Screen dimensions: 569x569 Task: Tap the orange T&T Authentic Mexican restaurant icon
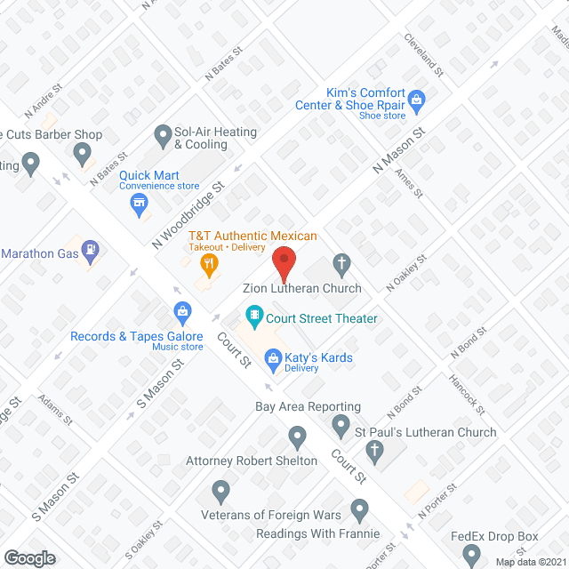pos(209,261)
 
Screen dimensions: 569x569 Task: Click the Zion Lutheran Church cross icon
pos(341,262)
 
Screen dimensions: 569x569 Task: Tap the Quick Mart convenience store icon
pos(139,206)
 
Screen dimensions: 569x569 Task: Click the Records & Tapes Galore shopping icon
pos(182,311)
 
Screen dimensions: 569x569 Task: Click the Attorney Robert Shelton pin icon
pos(298,437)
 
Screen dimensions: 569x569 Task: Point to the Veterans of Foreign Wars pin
pos(221,490)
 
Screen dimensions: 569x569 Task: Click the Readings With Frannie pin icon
pos(359,510)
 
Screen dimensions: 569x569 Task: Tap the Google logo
pos(28,557)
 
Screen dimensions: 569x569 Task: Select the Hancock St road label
pos(466,395)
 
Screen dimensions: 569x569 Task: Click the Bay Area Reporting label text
pos(308,407)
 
